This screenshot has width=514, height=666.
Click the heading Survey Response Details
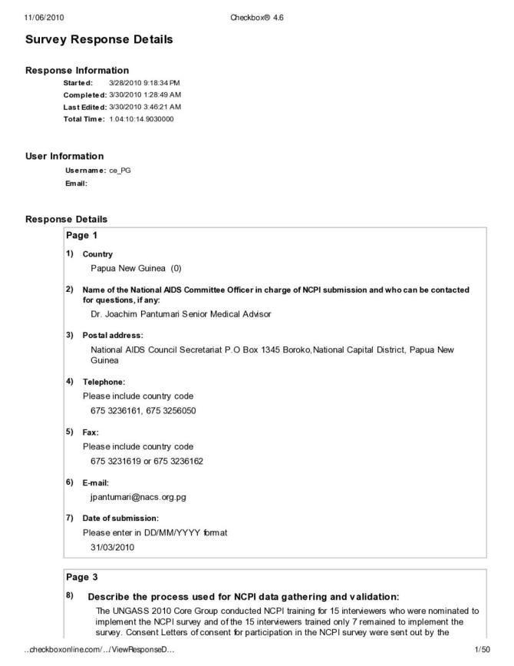tap(99, 39)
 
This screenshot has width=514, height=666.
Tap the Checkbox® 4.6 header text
tap(256, 18)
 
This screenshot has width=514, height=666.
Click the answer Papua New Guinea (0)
tap(135, 268)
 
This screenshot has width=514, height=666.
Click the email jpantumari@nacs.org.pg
tap(138, 497)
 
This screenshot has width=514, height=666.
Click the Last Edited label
tap(84, 106)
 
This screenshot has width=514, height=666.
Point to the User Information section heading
tap(64, 156)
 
